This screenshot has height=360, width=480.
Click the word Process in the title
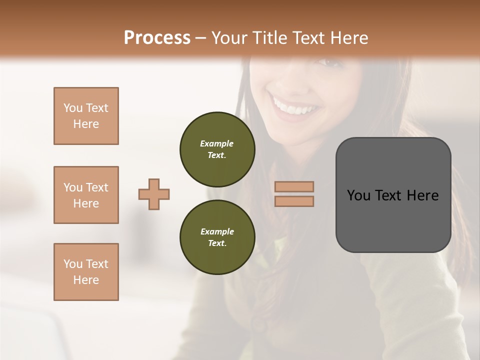point(157,37)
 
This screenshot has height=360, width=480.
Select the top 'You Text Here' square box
point(86,116)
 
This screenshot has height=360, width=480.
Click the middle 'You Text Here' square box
point(86,195)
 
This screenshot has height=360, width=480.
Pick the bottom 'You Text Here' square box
point(86,272)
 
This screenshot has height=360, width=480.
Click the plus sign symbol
point(154,194)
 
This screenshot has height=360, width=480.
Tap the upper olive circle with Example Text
point(217,149)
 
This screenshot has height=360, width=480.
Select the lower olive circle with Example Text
point(217,237)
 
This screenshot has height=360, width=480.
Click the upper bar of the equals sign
point(294,187)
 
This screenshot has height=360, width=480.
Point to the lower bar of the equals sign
point(294,201)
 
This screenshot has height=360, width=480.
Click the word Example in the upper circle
point(217,143)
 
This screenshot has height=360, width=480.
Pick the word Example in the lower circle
point(217,231)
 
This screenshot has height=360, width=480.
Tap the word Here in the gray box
point(422,195)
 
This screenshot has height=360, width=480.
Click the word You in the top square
point(73,108)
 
